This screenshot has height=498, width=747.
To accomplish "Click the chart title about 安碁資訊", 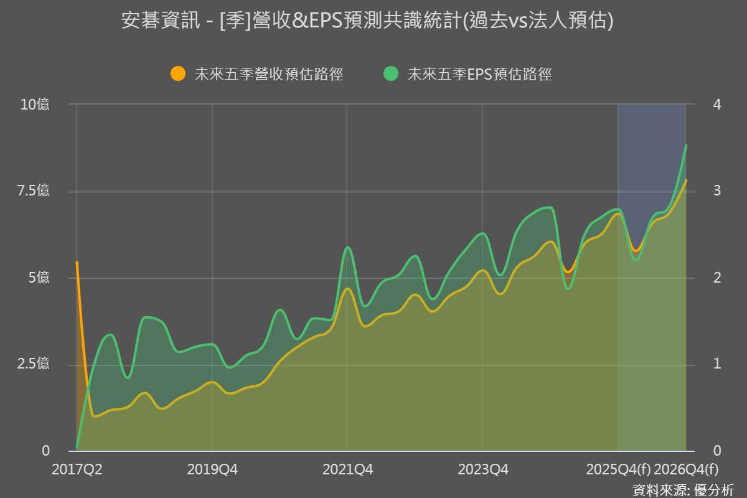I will click(x=367, y=21).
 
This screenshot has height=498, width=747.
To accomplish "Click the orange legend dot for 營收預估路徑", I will click(x=178, y=73).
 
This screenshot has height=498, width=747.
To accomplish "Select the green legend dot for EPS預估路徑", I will click(x=390, y=73).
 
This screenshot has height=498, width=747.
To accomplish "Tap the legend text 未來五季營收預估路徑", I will click(x=269, y=74).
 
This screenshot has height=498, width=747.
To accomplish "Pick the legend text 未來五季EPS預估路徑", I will click(x=479, y=74).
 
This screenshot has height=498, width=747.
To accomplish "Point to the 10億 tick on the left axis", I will click(x=35, y=105).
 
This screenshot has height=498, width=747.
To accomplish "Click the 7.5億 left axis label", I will click(x=35, y=191).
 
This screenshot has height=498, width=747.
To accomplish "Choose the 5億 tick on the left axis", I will click(x=39, y=278).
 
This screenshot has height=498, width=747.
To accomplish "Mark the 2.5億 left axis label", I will click(x=35, y=364).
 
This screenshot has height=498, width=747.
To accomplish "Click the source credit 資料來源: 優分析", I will click(x=683, y=489).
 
